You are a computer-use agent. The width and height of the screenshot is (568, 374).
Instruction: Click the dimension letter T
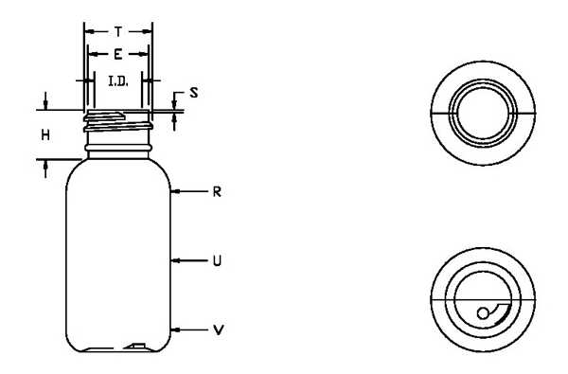point(118,32)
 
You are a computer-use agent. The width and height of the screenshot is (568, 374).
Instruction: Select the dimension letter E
point(117,55)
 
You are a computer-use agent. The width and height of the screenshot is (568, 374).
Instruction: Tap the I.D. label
point(118,81)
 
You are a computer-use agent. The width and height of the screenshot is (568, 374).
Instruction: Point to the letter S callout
point(194,93)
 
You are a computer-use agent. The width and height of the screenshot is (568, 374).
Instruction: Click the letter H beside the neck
point(45,135)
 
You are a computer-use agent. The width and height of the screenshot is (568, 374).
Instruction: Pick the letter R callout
point(217,191)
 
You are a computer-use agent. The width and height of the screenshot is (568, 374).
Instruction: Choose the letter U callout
point(217,260)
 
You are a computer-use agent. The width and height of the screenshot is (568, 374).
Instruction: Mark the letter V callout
point(218,330)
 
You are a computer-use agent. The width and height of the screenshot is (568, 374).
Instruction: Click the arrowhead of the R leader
point(175,191)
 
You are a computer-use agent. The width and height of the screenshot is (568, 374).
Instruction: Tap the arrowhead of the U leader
point(175,260)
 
